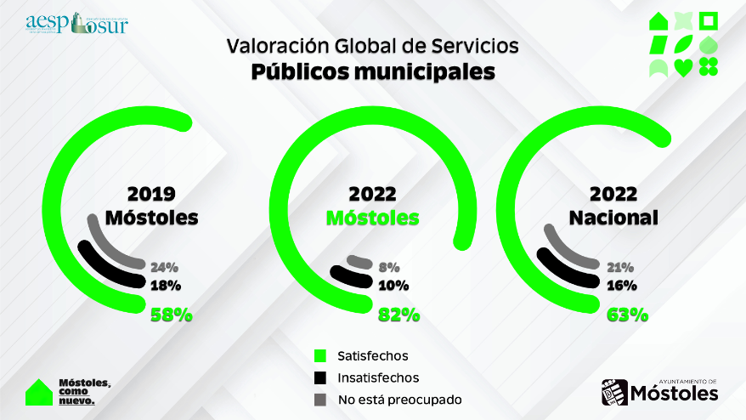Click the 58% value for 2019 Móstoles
tap(172, 315)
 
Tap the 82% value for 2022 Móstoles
tap(398, 315)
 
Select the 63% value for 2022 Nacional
tap(628, 315)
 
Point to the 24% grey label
tap(164, 266)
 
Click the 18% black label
tap(165, 286)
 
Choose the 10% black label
tap(394, 286)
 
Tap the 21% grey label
tap(622, 266)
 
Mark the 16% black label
tap(622, 286)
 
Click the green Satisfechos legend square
tap(320, 355)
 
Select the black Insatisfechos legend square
tap(320, 377)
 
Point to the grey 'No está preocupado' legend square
tap(320, 399)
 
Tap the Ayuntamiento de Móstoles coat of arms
tap(613, 393)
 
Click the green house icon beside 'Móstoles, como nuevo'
tap(38, 391)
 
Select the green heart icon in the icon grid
tap(682, 68)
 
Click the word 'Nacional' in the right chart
tap(613, 218)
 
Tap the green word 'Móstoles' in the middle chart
tap(373, 218)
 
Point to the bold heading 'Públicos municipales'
tap(373, 72)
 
